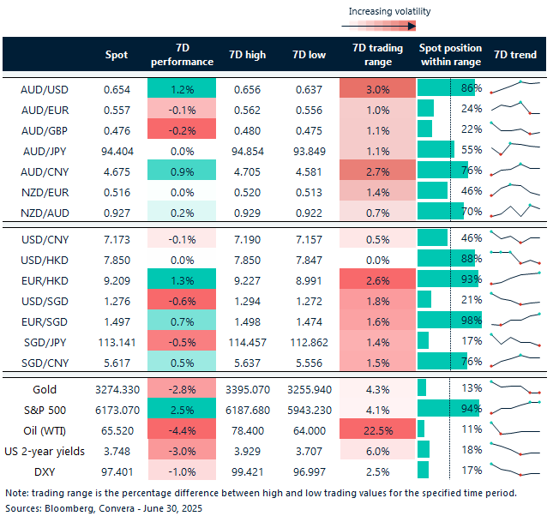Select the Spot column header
(116, 55)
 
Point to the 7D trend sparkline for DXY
(515, 470)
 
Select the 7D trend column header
(515, 55)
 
